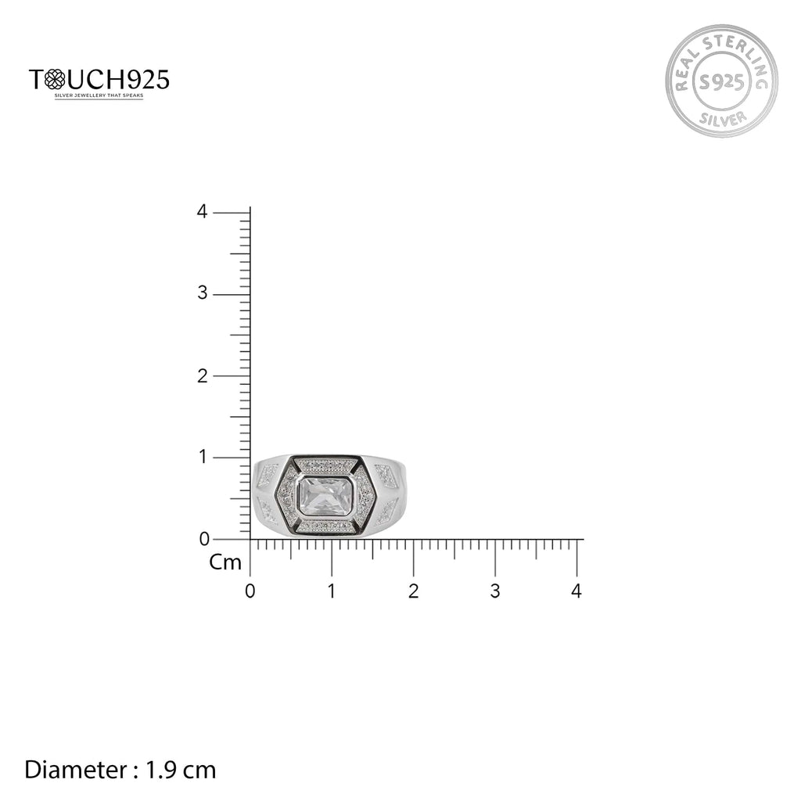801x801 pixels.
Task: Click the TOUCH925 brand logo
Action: pyautogui.click(x=99, y=80)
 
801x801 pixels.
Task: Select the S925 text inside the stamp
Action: pyautogui.click(x=721, y=81)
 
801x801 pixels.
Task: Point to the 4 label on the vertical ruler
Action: pyautogui.click(x=202, y=212)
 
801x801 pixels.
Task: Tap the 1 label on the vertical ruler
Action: pyautogui.click(x=203, y=457)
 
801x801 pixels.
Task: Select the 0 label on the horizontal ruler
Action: pyautogui.click(x=250, y=591)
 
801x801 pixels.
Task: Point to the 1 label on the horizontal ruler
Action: pyautogui.click(x=332, y=591)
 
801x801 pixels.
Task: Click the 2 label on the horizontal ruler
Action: pyautogui.click(x=413, y=591)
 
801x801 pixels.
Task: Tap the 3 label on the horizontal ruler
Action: pyautogui.click(x=494, y=591)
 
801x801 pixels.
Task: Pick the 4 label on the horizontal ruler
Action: pyautogui.click(x=577, y=591)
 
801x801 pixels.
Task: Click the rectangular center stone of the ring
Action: pyautogui.click(x=327, y=497)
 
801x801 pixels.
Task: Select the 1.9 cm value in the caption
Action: pyautogui.click(x=181, y=770)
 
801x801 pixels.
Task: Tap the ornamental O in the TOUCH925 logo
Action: pyautogui.click(x=56, y=80)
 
